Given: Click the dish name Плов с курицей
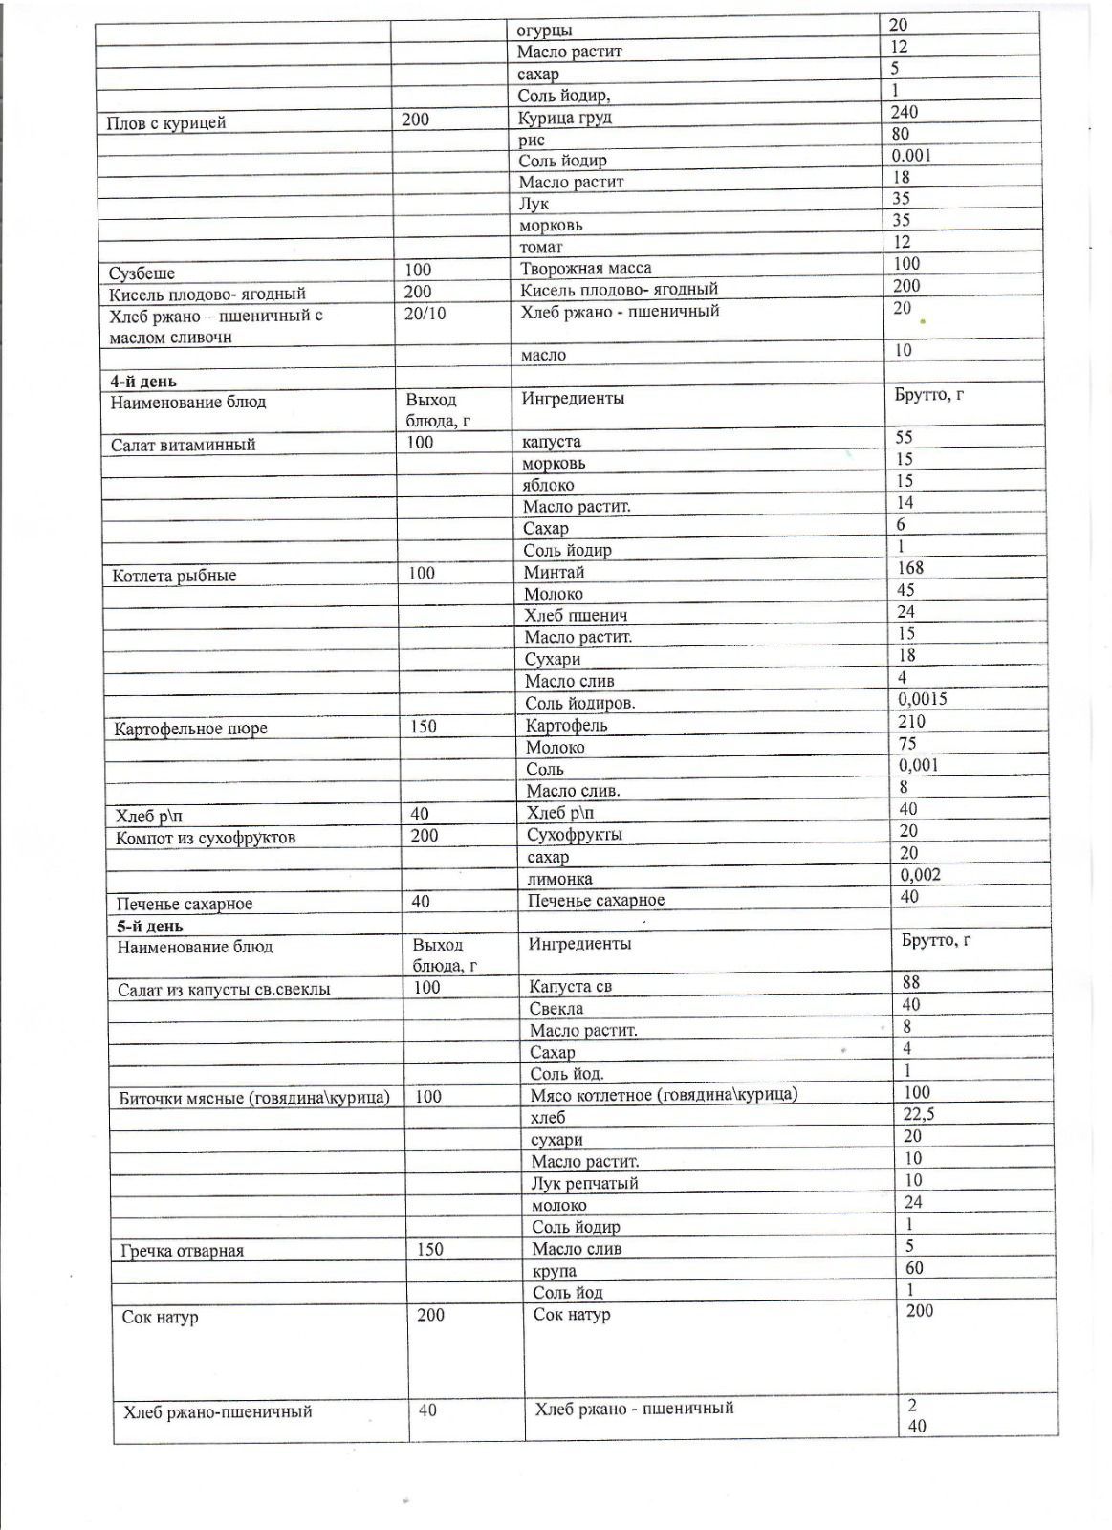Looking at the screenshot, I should [x=167, y=122].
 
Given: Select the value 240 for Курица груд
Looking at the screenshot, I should [x=904, y=112].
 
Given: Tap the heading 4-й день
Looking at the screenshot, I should [x=143, y=382].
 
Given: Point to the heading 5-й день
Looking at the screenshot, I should [x=150, y=926].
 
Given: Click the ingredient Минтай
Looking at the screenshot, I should [x=554, y=572].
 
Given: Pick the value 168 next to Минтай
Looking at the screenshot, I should [x=910, y=568].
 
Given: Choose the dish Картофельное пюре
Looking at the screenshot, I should [x=190, y=729].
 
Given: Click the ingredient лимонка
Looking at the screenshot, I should [x=559, y=879].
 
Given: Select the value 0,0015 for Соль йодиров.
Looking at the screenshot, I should [x=923, y=699].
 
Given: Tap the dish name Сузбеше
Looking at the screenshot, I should [x=142, y=273].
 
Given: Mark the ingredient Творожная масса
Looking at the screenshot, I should [x=585, y=269].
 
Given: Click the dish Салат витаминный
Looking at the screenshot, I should [x=183, y=445].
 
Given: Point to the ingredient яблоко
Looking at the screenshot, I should [x=549, y=485].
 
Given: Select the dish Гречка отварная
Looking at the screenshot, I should [x=183, y=1251].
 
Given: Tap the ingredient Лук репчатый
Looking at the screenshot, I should [x=584, y=1183].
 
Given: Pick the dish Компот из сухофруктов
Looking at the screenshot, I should [x=206, y=839].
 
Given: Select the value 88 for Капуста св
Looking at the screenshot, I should [x=911, y=982].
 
